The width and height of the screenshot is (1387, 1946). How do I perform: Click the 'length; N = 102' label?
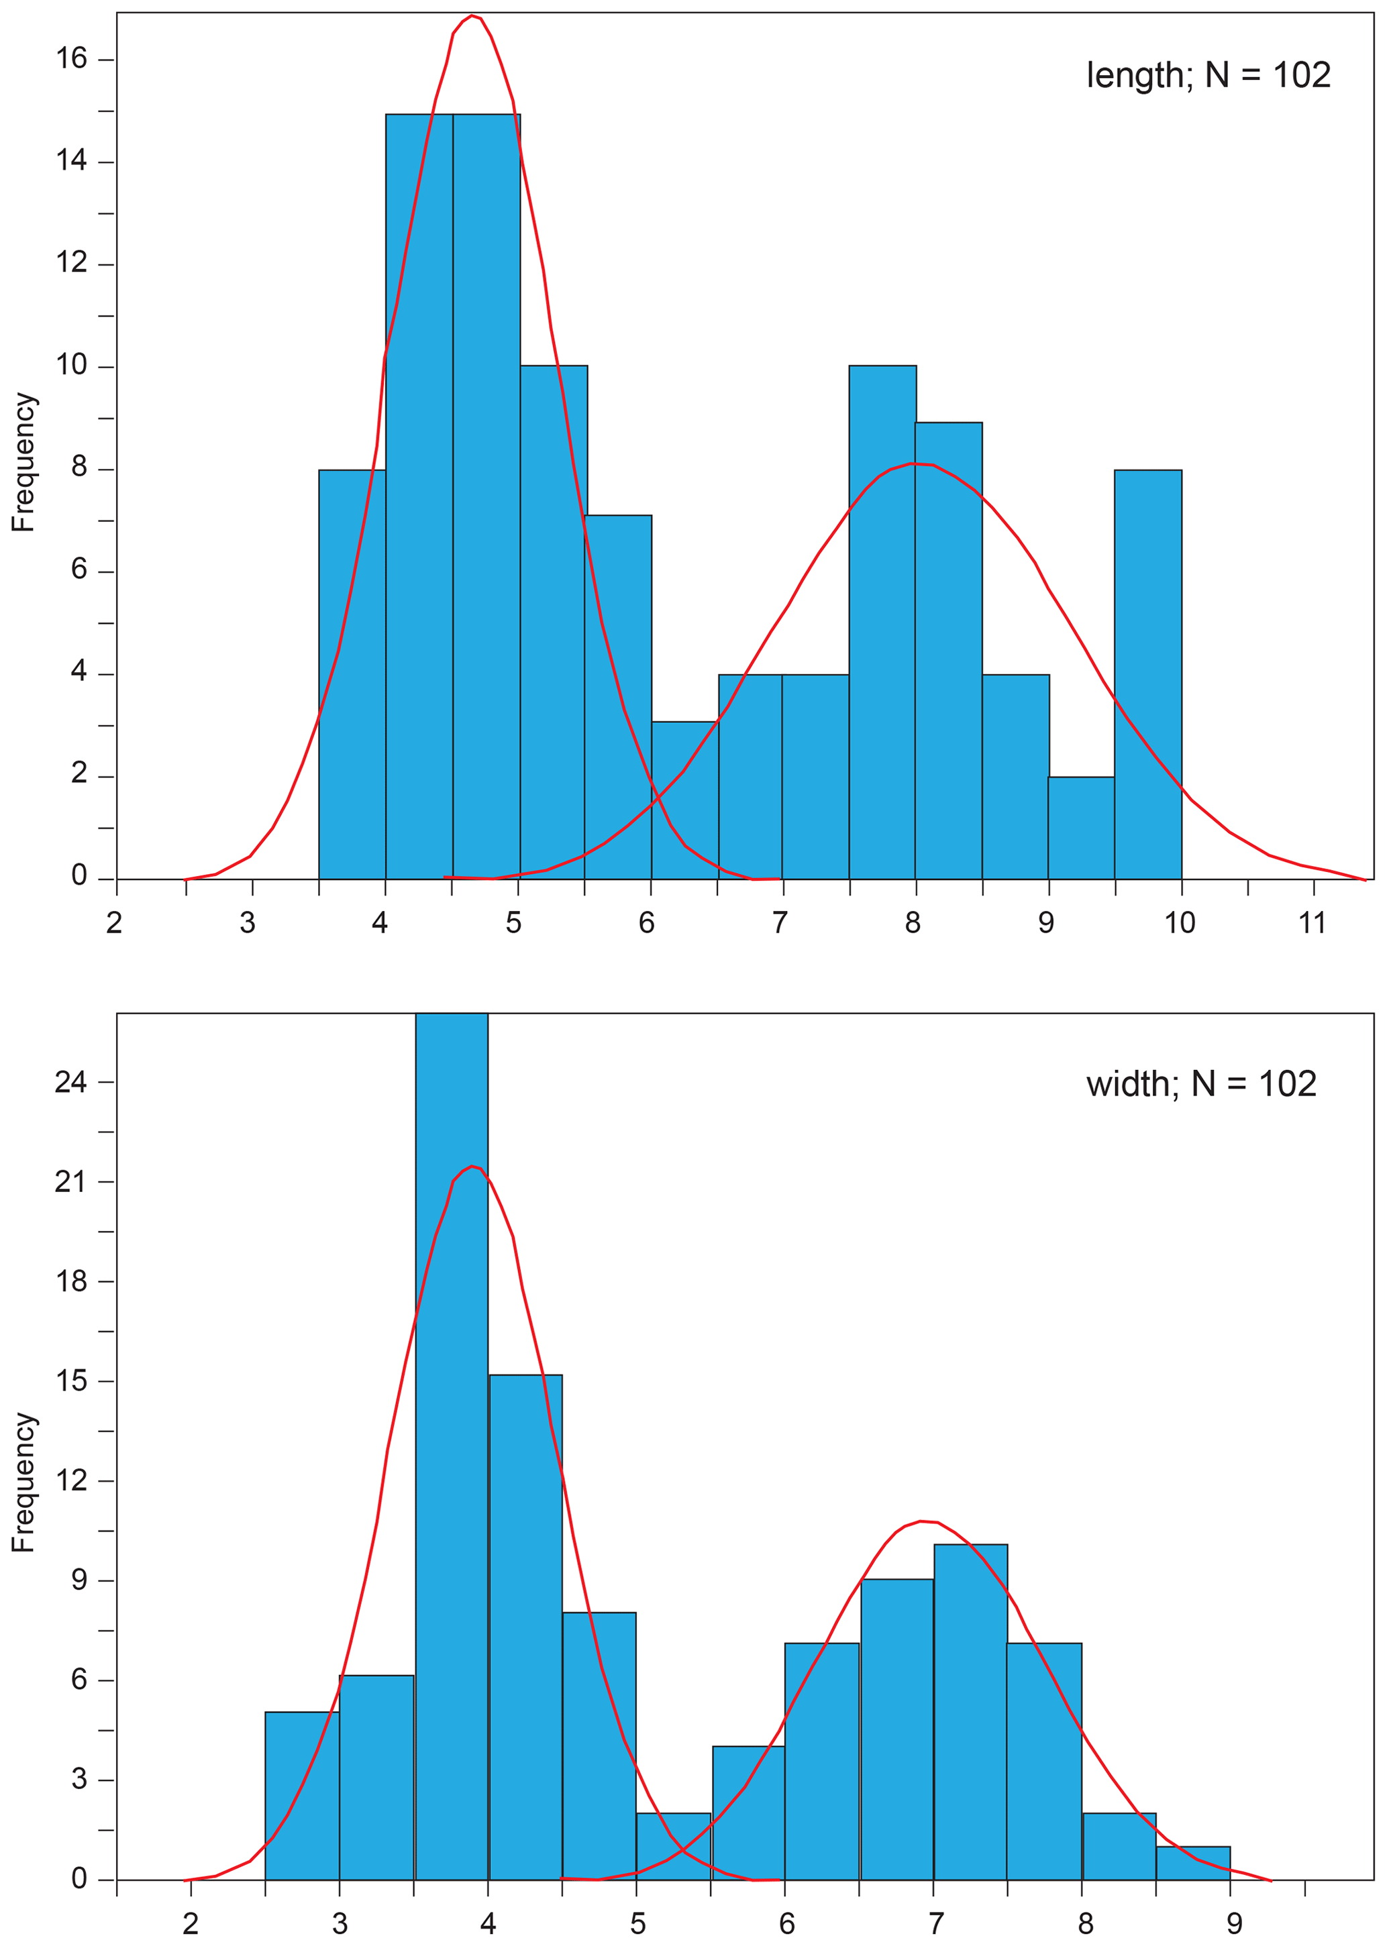point(1208,76)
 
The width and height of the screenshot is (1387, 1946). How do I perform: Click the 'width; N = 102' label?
point(1201,1085)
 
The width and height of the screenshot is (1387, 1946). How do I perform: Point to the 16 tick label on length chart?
point(72,58)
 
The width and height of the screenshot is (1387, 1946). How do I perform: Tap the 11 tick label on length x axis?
point(1312,923)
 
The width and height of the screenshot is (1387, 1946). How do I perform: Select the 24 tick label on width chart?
point(72,1083)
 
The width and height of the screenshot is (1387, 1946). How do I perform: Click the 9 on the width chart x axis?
point(1233,1924)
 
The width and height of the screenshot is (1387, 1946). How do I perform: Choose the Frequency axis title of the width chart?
point(24,1482)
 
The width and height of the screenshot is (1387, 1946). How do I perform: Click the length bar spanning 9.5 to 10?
point(1148,675)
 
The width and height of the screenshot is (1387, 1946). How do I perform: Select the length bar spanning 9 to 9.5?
point(1081,828)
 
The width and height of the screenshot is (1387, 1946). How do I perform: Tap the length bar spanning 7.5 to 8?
point(882,623)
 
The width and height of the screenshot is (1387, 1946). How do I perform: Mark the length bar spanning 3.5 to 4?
point(352,675)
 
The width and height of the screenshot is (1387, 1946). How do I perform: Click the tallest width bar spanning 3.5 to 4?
point(452,1452)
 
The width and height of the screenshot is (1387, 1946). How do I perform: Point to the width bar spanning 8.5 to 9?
point(1193,1863)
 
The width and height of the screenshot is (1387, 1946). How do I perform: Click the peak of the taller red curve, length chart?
point(472,16)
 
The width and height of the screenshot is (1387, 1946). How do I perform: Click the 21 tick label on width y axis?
point(72,1182)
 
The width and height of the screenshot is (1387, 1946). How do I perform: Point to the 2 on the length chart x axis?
point(115,923)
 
